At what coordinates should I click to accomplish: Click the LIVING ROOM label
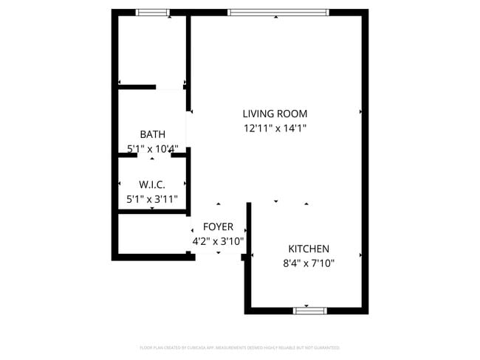tap(275, 114)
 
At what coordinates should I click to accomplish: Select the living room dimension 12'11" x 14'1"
tap(275, 128)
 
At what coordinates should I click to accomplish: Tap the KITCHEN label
tap(309, 249)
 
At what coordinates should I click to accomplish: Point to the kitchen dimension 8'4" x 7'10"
tap(309, 263)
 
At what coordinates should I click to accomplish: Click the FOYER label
tap(218, 226)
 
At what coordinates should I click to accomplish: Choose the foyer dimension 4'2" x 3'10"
tap(218, 240)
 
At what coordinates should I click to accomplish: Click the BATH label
tap(152, 134)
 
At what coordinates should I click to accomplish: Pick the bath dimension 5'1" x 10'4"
tap(152, 148)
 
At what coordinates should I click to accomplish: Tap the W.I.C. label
tap(152, 184)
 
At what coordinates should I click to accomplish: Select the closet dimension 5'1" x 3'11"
tap(152, 198)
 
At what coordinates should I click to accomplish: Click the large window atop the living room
tap(278, 13)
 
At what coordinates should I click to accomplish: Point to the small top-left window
tap(153, 13)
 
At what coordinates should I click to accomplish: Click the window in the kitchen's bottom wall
tap(310, 311)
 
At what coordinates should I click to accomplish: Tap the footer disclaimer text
tap(239, 347)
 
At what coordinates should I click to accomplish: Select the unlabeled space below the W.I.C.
tap(151, 234)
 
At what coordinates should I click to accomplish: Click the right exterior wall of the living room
tap(365, 111)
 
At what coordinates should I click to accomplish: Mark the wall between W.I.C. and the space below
tap(152, 212)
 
